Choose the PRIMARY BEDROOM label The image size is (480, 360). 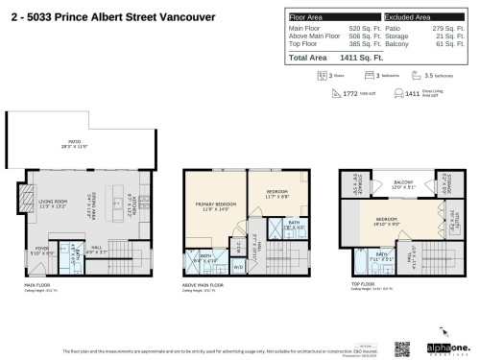217,205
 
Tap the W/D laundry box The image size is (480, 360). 238,267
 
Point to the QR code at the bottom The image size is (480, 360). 401,348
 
